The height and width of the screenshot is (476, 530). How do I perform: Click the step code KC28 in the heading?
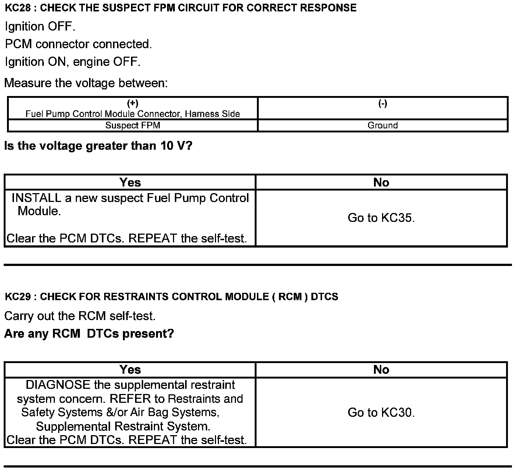(x=18, y=8)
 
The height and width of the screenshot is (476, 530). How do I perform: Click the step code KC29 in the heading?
(x=18, y=297)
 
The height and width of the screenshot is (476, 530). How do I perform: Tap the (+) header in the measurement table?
(x=132, y=103)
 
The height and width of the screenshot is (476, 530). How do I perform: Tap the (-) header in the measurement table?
(x=383, y=103)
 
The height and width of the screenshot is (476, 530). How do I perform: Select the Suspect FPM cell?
(x=132, y=125)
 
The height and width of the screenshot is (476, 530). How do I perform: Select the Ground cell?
(x=383, y=125)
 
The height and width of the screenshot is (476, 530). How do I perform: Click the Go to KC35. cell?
(x=381, y=218)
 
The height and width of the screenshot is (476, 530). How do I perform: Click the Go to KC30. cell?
(x=381, y=412)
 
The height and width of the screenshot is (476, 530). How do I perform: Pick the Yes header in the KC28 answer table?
(x=130, y=182)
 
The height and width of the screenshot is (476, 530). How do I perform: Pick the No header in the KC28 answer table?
(x=381, y=182)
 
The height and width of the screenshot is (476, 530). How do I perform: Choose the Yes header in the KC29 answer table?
(x=130, y=370)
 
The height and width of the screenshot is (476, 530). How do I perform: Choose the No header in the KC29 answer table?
(x=381, y=370)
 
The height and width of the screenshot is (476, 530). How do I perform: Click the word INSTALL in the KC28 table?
(x=36, y=198)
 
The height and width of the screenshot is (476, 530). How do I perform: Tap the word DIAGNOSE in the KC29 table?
(x=58, y=385)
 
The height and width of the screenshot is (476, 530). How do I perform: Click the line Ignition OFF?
(x=40, y=26)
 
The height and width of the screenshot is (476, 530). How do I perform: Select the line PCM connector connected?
(x=78, y=44)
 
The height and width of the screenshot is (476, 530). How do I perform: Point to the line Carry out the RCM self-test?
(x=80, y=316)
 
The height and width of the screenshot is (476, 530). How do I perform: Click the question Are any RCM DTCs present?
(x=89, y=334)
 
